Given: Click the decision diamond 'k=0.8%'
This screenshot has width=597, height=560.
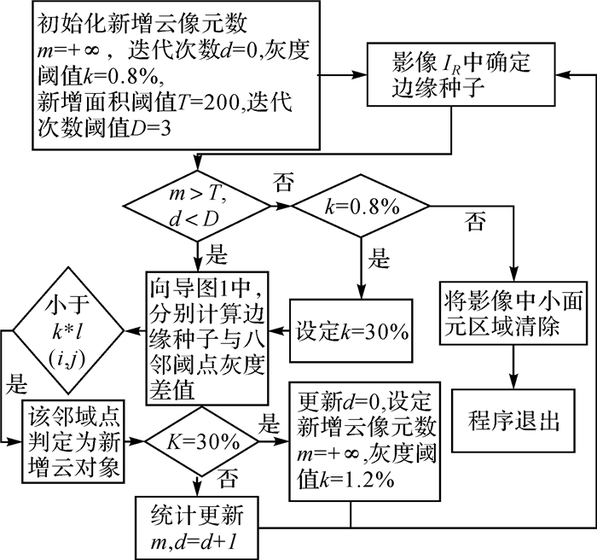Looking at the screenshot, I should click(x=362, y=206).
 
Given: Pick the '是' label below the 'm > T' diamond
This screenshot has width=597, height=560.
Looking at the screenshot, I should click(x=218, y=254).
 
